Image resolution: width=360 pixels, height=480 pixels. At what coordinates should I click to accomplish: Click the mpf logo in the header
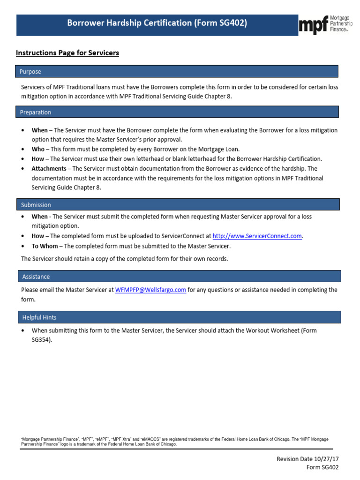tap(325, 25)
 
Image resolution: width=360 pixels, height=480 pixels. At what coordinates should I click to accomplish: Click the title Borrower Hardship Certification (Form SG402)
tap(157, 23)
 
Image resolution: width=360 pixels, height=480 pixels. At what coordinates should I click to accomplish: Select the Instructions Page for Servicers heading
tap(67, 53)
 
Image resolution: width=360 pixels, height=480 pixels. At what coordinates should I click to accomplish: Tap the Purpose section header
tap(30, 72)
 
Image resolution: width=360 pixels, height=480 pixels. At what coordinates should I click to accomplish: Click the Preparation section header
tap(36, 112)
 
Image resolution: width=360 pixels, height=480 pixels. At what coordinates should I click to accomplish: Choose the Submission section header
tap(36, 205)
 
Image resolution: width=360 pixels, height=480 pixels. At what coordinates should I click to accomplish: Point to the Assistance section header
tap(36, 277)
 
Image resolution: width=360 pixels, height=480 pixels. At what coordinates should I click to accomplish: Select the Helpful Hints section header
tap(39, 317)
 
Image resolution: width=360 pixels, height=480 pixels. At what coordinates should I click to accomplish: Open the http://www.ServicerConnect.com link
tap(257, 236)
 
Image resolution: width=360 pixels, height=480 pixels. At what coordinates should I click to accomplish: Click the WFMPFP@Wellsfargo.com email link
tap(150, 290)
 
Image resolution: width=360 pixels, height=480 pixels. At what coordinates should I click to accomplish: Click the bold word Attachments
tap(49, 169)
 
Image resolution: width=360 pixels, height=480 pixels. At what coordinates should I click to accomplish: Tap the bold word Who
tap(38, 149)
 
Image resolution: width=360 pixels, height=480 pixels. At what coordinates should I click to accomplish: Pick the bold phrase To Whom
tap(45, 246)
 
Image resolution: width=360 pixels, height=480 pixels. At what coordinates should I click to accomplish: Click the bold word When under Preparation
tap(39, 130)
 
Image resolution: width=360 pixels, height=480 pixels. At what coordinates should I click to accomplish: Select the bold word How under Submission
tap(37, 236)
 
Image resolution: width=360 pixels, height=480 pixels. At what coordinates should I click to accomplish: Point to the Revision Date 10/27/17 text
tap(307, 459)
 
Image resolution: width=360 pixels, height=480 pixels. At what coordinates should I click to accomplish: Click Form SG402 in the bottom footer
tap(322, 467)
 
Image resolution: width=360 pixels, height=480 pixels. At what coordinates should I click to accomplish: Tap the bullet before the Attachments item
tap(23, 169)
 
